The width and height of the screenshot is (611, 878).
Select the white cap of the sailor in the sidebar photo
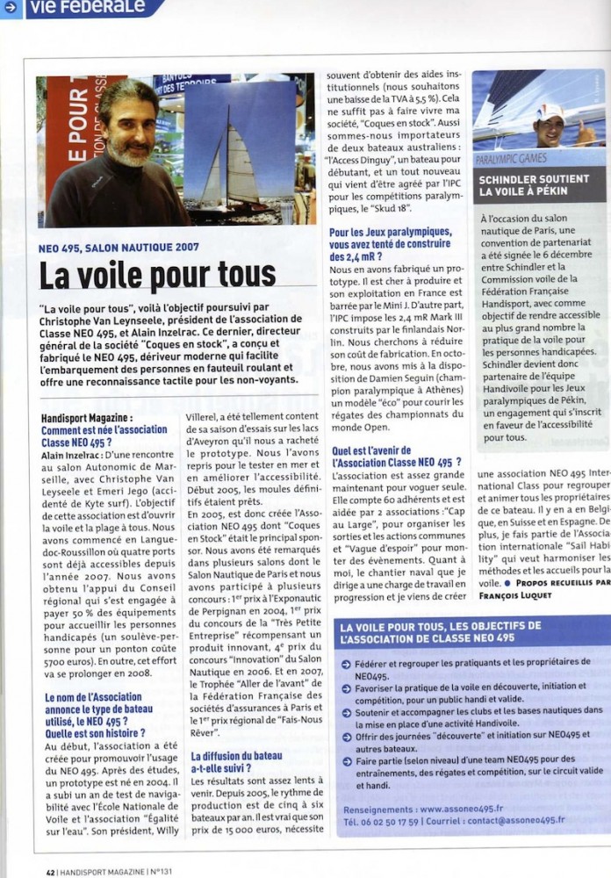point(550,112)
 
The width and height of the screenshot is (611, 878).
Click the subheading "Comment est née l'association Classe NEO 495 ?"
point(104,429)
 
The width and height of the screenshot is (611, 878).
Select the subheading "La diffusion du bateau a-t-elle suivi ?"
point(236,761)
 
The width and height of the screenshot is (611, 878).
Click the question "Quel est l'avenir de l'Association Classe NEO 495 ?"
point(392,456)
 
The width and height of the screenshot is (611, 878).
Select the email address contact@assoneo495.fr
point(515,821)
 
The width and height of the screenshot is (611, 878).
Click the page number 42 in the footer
point(50,872)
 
